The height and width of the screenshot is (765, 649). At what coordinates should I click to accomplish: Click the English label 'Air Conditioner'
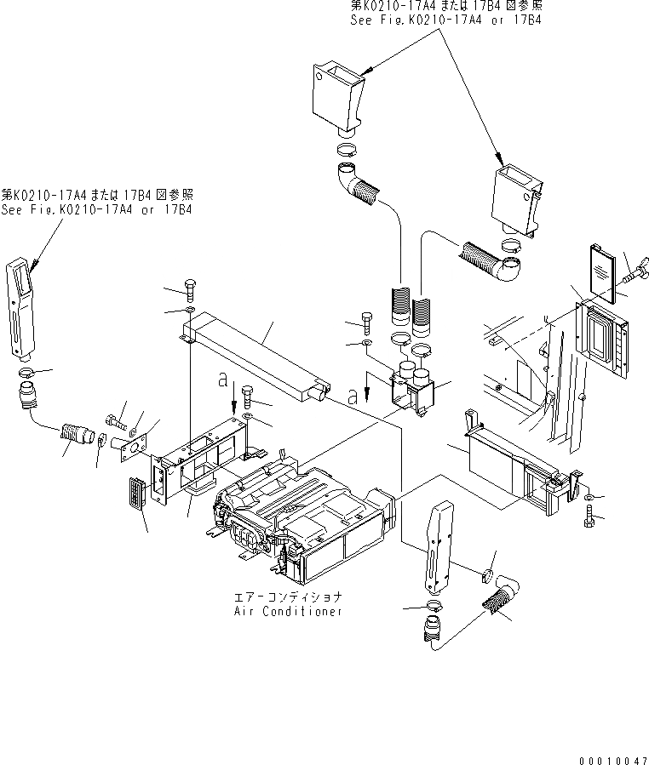pyautogui.click(x=288, y=611)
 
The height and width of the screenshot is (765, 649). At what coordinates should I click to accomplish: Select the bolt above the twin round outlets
pyautogui.click(x=365, y=323)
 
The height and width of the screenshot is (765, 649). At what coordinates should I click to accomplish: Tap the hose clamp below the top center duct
pyautogui.click(x=345, y=151)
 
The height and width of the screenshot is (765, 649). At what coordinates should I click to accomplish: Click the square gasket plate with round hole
pyautogui.click(x=134, y=444)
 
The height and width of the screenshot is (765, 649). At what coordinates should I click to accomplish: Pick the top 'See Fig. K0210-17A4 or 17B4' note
pyautogui.click(x=444, y=12)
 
